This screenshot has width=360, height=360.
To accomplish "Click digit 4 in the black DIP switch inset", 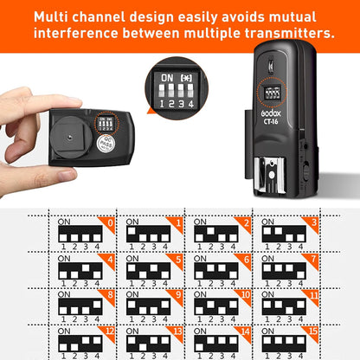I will tap(193, 101).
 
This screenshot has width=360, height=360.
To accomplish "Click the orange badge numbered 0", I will tap(109, 222).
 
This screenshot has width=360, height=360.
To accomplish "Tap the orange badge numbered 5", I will tap(176, 259).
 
